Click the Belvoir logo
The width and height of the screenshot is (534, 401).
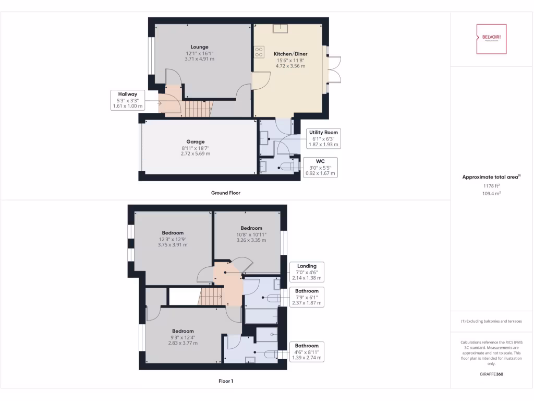491,39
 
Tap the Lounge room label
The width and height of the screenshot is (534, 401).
199,47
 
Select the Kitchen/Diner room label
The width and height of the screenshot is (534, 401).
290,54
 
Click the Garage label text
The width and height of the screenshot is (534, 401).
196,141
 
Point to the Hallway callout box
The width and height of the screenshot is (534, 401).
127,100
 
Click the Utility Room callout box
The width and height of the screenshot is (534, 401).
323,138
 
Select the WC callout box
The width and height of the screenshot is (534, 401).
320,167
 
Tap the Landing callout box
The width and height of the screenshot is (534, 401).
307,272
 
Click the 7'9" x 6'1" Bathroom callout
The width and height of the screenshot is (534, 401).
307,297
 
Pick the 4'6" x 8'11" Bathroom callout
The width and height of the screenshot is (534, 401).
307,352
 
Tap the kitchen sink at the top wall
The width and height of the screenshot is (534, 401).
283,28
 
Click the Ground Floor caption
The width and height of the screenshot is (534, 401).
225,193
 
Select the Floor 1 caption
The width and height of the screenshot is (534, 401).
225,381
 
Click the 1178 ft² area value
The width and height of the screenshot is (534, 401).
491,185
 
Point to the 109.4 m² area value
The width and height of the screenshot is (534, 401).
491,193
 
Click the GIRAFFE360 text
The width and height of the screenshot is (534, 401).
491,374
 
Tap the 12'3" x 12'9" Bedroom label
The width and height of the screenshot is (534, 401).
173,233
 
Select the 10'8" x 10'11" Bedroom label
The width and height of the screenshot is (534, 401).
251,228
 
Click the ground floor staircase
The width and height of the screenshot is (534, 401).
198,109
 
